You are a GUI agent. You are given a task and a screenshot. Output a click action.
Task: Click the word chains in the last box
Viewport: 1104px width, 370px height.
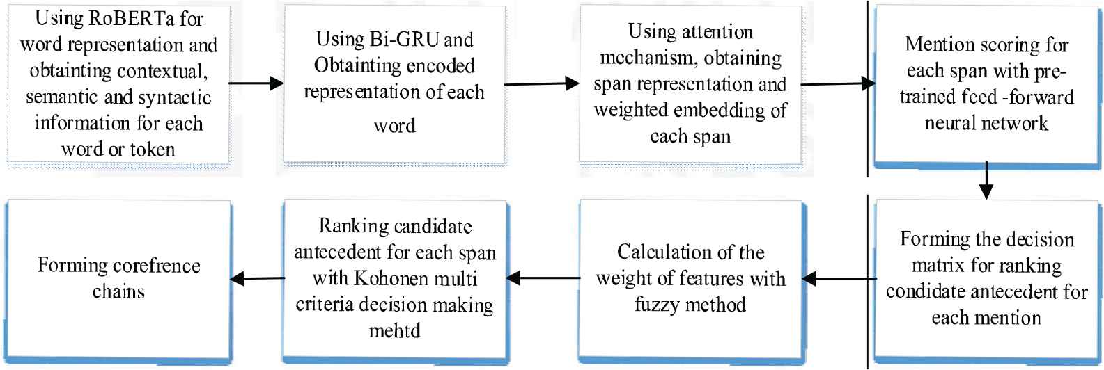[x=118, y=292]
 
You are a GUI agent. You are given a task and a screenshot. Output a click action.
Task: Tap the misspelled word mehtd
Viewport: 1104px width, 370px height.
[x=395, y=330]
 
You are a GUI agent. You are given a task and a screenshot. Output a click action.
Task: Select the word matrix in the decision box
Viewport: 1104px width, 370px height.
[x=938, y=266]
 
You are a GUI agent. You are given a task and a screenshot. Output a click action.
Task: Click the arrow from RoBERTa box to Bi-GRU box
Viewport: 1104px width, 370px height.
[x=256, y=83]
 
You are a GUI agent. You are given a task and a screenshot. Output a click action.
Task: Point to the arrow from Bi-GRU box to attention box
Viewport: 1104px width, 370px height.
[x=542, y=83]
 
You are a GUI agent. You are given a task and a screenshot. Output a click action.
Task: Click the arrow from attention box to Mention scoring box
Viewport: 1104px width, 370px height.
[x=838, y=83]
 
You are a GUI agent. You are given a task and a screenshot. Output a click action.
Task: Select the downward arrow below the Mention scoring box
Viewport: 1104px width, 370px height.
[x=986, y=180]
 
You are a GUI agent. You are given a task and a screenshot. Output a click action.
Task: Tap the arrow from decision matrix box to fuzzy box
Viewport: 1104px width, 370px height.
[x=839, y=279]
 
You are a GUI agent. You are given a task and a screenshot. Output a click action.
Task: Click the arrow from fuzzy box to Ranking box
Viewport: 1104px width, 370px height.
[x=543, y=278]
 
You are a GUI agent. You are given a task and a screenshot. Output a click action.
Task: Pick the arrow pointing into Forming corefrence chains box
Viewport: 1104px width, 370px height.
[x=258, y=279]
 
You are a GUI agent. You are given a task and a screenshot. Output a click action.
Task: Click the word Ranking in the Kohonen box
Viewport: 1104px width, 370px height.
[x=353, y=226]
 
